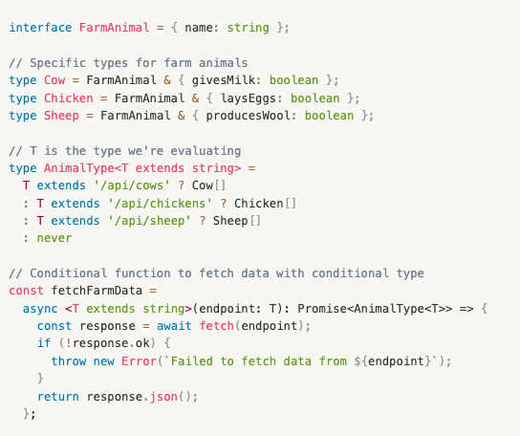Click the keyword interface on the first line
pyautogui.click(x=40, y=28)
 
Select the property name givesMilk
pyautogui.click(x=224, y=80)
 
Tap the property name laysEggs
pyautogui.click(x=249, y=98)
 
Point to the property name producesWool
pyautogui.click(x=249, y=116)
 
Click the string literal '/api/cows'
pyautogui.click(x=132, y=185)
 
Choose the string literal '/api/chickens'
pyautogui.click(x=160, y=204)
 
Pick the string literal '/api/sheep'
pyautogui.click(x=149, y=221)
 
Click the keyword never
pyautogui.click(x=54, y=238)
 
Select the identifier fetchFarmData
pyautogui.click(x=97, y=291)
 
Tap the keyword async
pyautogui.click(x=40, y=309)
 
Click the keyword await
pyautogui.click(x=174, y=326)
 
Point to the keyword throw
pyautogui.click(x=69, y=361)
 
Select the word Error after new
pyautogui.click(x=139, y=361)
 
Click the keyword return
pyautogui.click(x=58, y=397)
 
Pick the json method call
pyautogui.click(x=163, y=397)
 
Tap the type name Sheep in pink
pyautogui.click(x=61, y=116)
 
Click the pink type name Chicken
pyautogui.click(x=69, y=98)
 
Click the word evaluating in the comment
pyautogui.click(x=206, y=151)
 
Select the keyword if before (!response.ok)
pyautogui.click(x=44, y=343)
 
